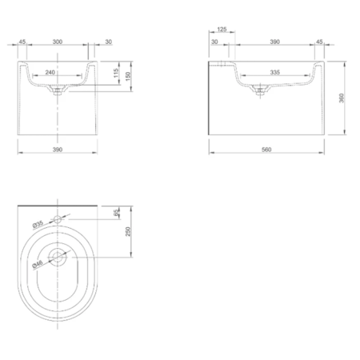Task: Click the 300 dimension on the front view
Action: point(57,41)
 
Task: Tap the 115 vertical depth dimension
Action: point(117,74)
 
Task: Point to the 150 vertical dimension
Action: point(128,74)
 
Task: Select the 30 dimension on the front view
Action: point(107,41)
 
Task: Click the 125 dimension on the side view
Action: point(221,30)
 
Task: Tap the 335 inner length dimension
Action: point(274,72)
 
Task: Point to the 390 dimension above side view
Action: point(274,41)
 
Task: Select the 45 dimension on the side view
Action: point(320,41)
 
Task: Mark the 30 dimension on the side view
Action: point(215,41)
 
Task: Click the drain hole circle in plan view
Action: point(58,258)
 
